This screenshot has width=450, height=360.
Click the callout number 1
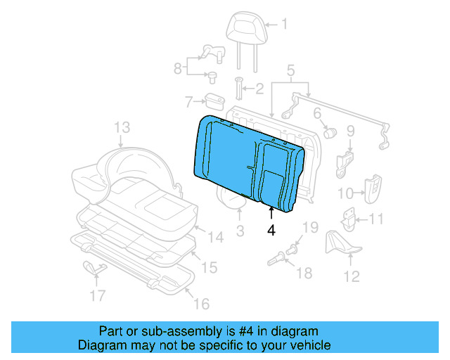point(285,25)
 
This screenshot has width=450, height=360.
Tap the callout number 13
point(122,127)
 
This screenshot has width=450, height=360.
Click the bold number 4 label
point(271,229)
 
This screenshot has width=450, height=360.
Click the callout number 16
point(201,304)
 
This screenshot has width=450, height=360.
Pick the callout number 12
point(351,276)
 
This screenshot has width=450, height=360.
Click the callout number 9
point(350,130)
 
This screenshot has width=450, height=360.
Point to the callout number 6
point(317,112)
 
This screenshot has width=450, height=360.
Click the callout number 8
point(177,68)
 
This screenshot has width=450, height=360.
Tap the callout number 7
point(188,103)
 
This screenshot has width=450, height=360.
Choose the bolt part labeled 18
point(281,258)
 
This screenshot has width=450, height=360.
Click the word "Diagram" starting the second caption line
point(98,346)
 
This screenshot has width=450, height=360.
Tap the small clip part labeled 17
point(91,267)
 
